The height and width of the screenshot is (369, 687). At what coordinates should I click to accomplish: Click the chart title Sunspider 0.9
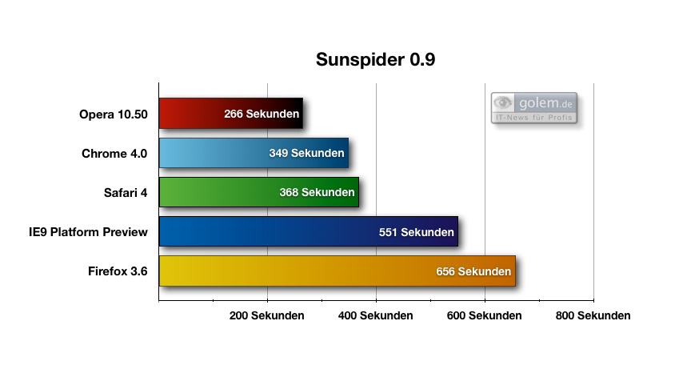(375, 60)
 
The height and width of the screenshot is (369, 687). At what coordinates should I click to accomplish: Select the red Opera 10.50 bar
(192, 114)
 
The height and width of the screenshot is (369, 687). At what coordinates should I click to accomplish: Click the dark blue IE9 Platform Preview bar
(264, 231)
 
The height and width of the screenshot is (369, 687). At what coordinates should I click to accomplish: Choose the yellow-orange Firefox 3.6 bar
(296, 271)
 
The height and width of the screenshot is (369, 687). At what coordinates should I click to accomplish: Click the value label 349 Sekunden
(306, 153)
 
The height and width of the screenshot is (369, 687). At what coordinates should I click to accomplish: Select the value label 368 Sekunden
(317, 193)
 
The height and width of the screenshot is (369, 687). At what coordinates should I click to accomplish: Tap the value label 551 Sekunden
(416, 232)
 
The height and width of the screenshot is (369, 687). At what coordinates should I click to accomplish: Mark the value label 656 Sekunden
(473, 272)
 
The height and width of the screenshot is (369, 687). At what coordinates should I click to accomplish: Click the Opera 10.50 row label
(113, 114)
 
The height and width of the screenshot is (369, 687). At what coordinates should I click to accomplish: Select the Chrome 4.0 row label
(114, 154)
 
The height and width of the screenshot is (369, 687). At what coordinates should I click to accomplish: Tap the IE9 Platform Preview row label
(87, 232)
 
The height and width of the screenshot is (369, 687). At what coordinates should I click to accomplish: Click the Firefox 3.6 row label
(118, 271)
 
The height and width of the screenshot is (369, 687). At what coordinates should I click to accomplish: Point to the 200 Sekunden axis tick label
(266, 315)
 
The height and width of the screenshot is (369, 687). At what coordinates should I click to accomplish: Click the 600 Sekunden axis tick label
(484, 315)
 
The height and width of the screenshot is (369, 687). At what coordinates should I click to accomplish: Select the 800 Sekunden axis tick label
(593, 315)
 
